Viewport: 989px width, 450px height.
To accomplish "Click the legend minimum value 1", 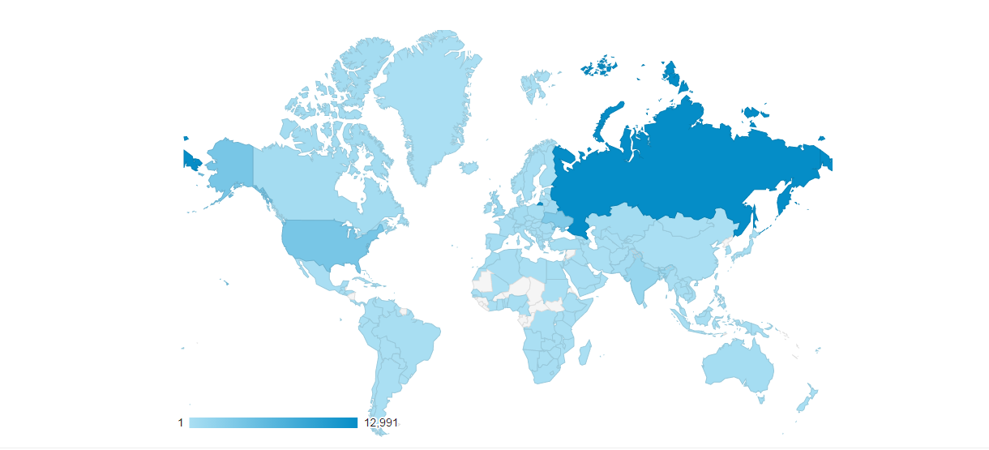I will tap(180, 422).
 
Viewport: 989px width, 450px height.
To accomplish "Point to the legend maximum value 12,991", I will tap(381, 422).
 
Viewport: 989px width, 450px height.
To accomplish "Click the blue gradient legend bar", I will tap(273, 422).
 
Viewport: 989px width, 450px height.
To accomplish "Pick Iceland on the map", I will tap(469, 168).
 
